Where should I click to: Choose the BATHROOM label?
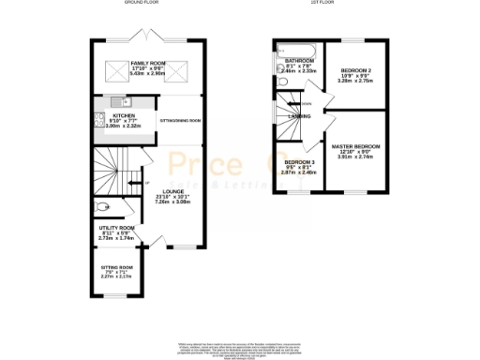298,60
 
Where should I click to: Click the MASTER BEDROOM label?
356,146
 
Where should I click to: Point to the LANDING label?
301,115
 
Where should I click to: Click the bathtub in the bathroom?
298,48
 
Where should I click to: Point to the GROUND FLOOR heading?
142,4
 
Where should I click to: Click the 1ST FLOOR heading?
323,4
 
